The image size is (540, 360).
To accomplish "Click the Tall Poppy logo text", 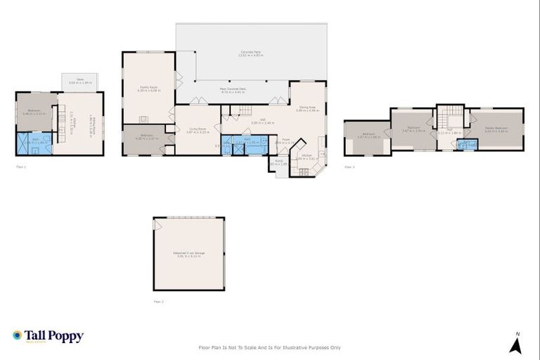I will coord(54,336).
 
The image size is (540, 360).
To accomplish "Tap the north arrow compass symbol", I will coord(516,344).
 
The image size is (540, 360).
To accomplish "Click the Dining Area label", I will coord(307,108).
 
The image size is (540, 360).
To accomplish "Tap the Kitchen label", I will coord(307,157).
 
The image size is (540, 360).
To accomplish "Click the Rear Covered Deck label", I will coord(232,90).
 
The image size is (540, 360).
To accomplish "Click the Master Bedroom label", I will coord(496,129).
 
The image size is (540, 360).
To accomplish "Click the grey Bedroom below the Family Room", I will coord(145,138).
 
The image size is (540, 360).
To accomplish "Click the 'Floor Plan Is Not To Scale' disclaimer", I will coord(270,347).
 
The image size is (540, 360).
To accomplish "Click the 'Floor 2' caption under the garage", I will coord(159,301).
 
